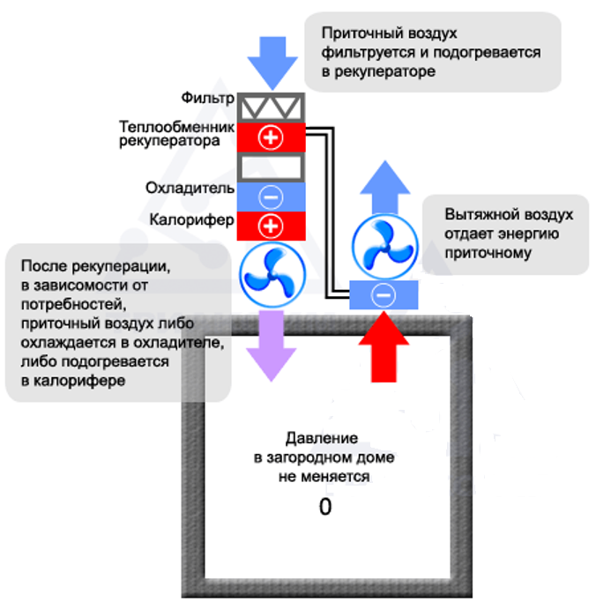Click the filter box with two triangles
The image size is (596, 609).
[x=271, y=106]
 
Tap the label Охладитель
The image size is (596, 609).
[x=190, y=188]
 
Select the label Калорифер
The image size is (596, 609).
[x=192, y=219]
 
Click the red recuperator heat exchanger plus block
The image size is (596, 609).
[x=271, y=137]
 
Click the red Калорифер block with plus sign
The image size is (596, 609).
[x=271, y=226]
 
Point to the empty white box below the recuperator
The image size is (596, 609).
[x=271, y=167]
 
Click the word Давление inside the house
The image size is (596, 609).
[x=322, y=438]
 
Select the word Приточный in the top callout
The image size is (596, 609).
[x=357, y=33]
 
